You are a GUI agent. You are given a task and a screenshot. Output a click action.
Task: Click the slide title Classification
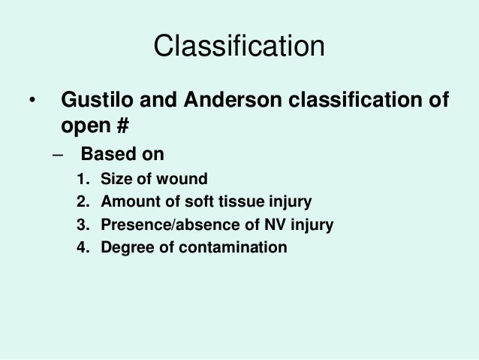coord(239,47)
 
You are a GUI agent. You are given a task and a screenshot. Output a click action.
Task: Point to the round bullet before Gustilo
coord(32,101)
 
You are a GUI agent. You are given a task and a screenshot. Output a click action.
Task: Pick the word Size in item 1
coord(115,180)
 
